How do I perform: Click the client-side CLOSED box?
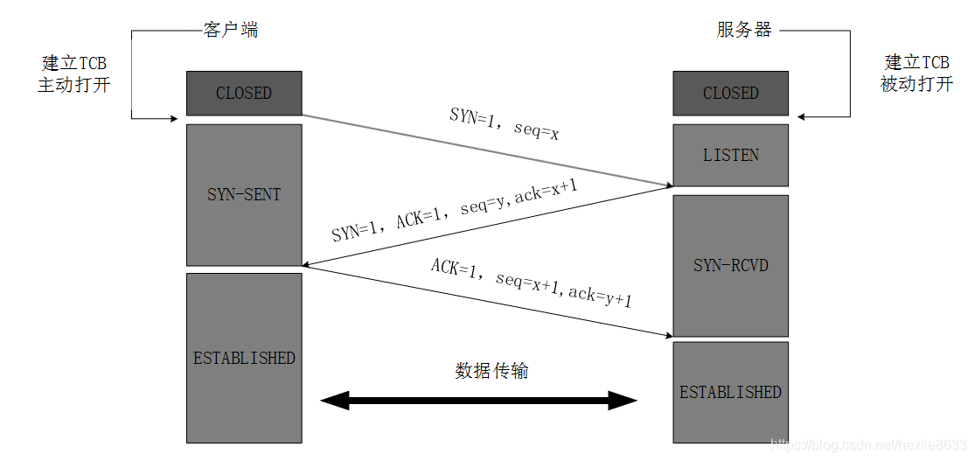[x=244, y=93]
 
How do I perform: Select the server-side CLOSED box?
[x=730, y=93]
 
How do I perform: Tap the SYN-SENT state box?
[x=244, y=194]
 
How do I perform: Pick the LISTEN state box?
[x=730, y=155]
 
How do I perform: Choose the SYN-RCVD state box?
[x=730, y=265]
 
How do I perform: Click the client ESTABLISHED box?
[x=244, y=357]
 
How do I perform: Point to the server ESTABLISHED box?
[x=730, y=391]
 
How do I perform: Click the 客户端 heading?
[x=231, y=30]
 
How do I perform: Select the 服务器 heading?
[x=744, y=30]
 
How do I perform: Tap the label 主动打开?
[x=73, y=86]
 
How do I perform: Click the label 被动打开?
[x=916, y=86]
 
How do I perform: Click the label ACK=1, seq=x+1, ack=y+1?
[x=531, y=282]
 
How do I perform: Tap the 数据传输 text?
[x=491, y=371]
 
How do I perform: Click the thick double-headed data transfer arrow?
[x=479, y=402]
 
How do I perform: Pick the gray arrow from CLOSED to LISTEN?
[x=486, y=150]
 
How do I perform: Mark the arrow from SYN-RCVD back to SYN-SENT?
[x=486, y=226]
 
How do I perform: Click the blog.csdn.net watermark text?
[x=867, y=445]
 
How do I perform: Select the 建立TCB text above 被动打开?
[x=916, y=63]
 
